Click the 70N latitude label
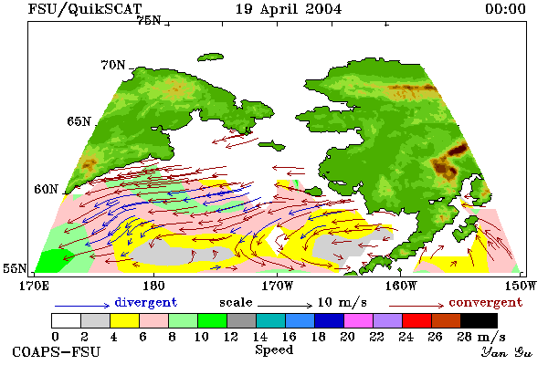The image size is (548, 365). (113, 65)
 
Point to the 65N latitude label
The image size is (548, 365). (79, 121)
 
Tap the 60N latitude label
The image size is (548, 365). (46, 189)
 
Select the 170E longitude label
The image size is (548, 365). (35, 286)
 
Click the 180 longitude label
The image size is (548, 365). (153, 286)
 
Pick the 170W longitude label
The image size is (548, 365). (277, 286)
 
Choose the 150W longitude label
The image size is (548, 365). (521, 286)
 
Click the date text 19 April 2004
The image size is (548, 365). (289, 9)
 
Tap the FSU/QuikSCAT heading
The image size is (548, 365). (85, 9)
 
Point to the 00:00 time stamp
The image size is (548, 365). (505, 9)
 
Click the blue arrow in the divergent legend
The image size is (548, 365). (82, 306)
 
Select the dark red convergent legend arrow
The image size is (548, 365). (416, 306)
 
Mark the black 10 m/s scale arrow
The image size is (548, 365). (285, 306)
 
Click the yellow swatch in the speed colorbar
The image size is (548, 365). (124, 320)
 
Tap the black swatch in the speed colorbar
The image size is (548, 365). (479, 320)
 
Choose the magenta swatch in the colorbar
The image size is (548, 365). (359, 320)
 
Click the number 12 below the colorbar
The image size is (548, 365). (231, 337)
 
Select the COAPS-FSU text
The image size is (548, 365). (57, 351)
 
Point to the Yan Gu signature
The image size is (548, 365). (507, 352)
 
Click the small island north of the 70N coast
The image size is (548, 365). (210, 57)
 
